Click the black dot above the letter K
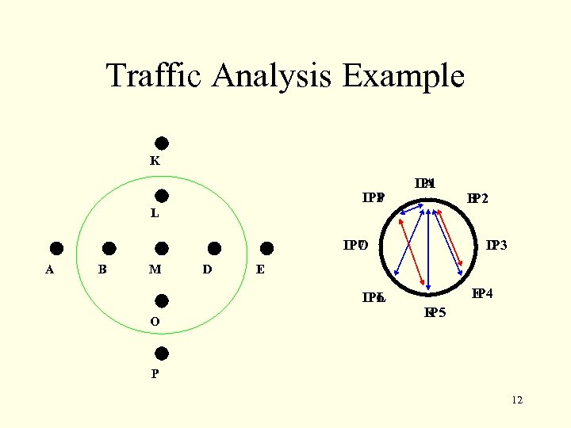[x=161, y=143]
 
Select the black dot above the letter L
[x=161, y=196]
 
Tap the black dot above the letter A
[x=57, y=249]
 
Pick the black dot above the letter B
[x=109, y=249]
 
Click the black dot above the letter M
[x=161, y=249]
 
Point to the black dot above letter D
[x=213, y=249]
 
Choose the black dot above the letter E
[x=266, y=249]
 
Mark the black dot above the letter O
[x=161, y=300]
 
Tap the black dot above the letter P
[x=161, y=353]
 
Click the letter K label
[x=155, y=160]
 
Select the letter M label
[x=155, y=269]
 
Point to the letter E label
[x=260, y=269]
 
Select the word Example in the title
[x=404, y=76]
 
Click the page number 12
[x=517, y=400]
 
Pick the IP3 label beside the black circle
[x=496, y=246]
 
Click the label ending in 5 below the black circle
[x=435, y=311]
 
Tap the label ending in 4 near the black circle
[x=482, y=294]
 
